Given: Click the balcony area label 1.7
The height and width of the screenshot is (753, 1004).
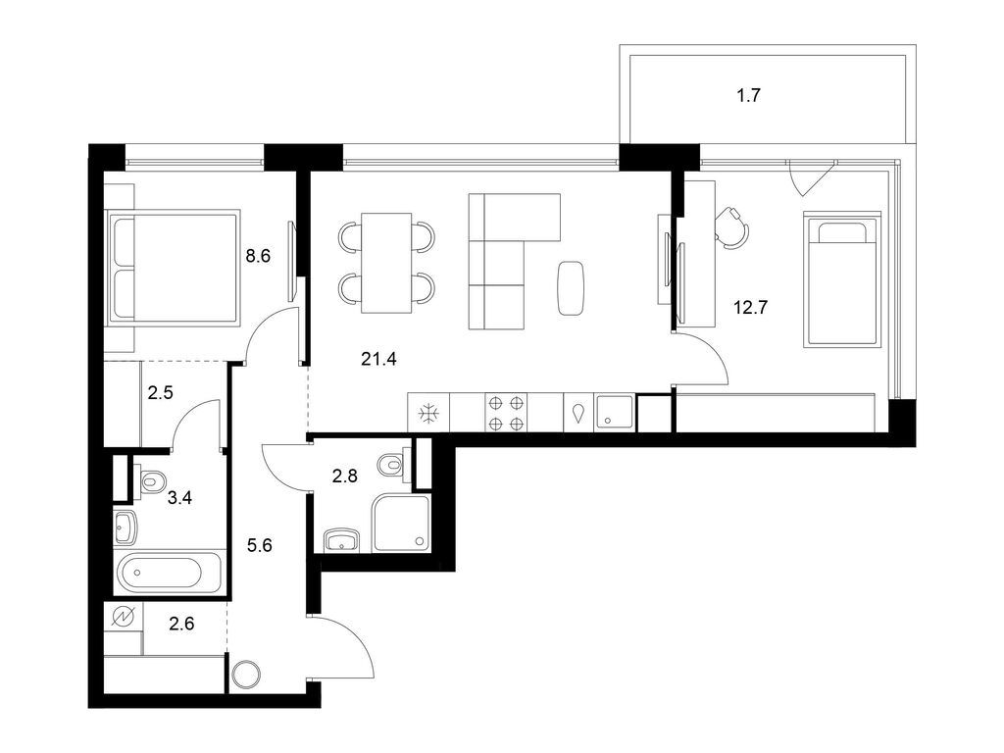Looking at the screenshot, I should pos(748,96).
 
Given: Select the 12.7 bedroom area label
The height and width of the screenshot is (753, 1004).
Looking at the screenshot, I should pos(750,306).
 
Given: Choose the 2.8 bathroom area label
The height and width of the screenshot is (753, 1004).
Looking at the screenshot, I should pos(344,477).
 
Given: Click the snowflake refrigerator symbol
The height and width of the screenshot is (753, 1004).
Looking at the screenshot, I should pos(428,413).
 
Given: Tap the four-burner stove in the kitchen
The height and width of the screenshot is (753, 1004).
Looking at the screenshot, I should pos(506,413).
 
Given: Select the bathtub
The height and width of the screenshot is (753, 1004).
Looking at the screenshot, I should pos(171,573).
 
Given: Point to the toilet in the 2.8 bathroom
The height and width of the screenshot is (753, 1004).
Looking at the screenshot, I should pos(394,462).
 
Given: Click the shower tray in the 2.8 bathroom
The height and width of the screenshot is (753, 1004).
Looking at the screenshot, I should pos(401,523).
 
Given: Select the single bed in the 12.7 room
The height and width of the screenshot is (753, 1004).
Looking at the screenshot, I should pos(840,278).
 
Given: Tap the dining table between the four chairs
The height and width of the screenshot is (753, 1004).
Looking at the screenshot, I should pos(385,262).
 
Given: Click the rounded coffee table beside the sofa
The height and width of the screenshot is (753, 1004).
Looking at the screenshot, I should pos(572,288).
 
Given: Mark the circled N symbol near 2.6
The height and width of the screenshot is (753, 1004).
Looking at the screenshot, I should pos(124,617).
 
